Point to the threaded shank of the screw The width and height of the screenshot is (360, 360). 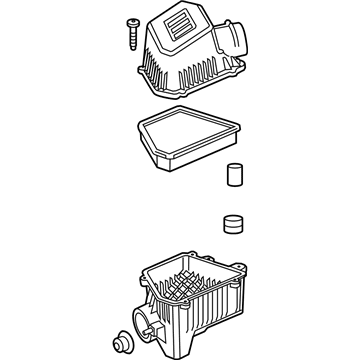tap(131, 36)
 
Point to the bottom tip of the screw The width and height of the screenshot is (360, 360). tap(130, 45)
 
